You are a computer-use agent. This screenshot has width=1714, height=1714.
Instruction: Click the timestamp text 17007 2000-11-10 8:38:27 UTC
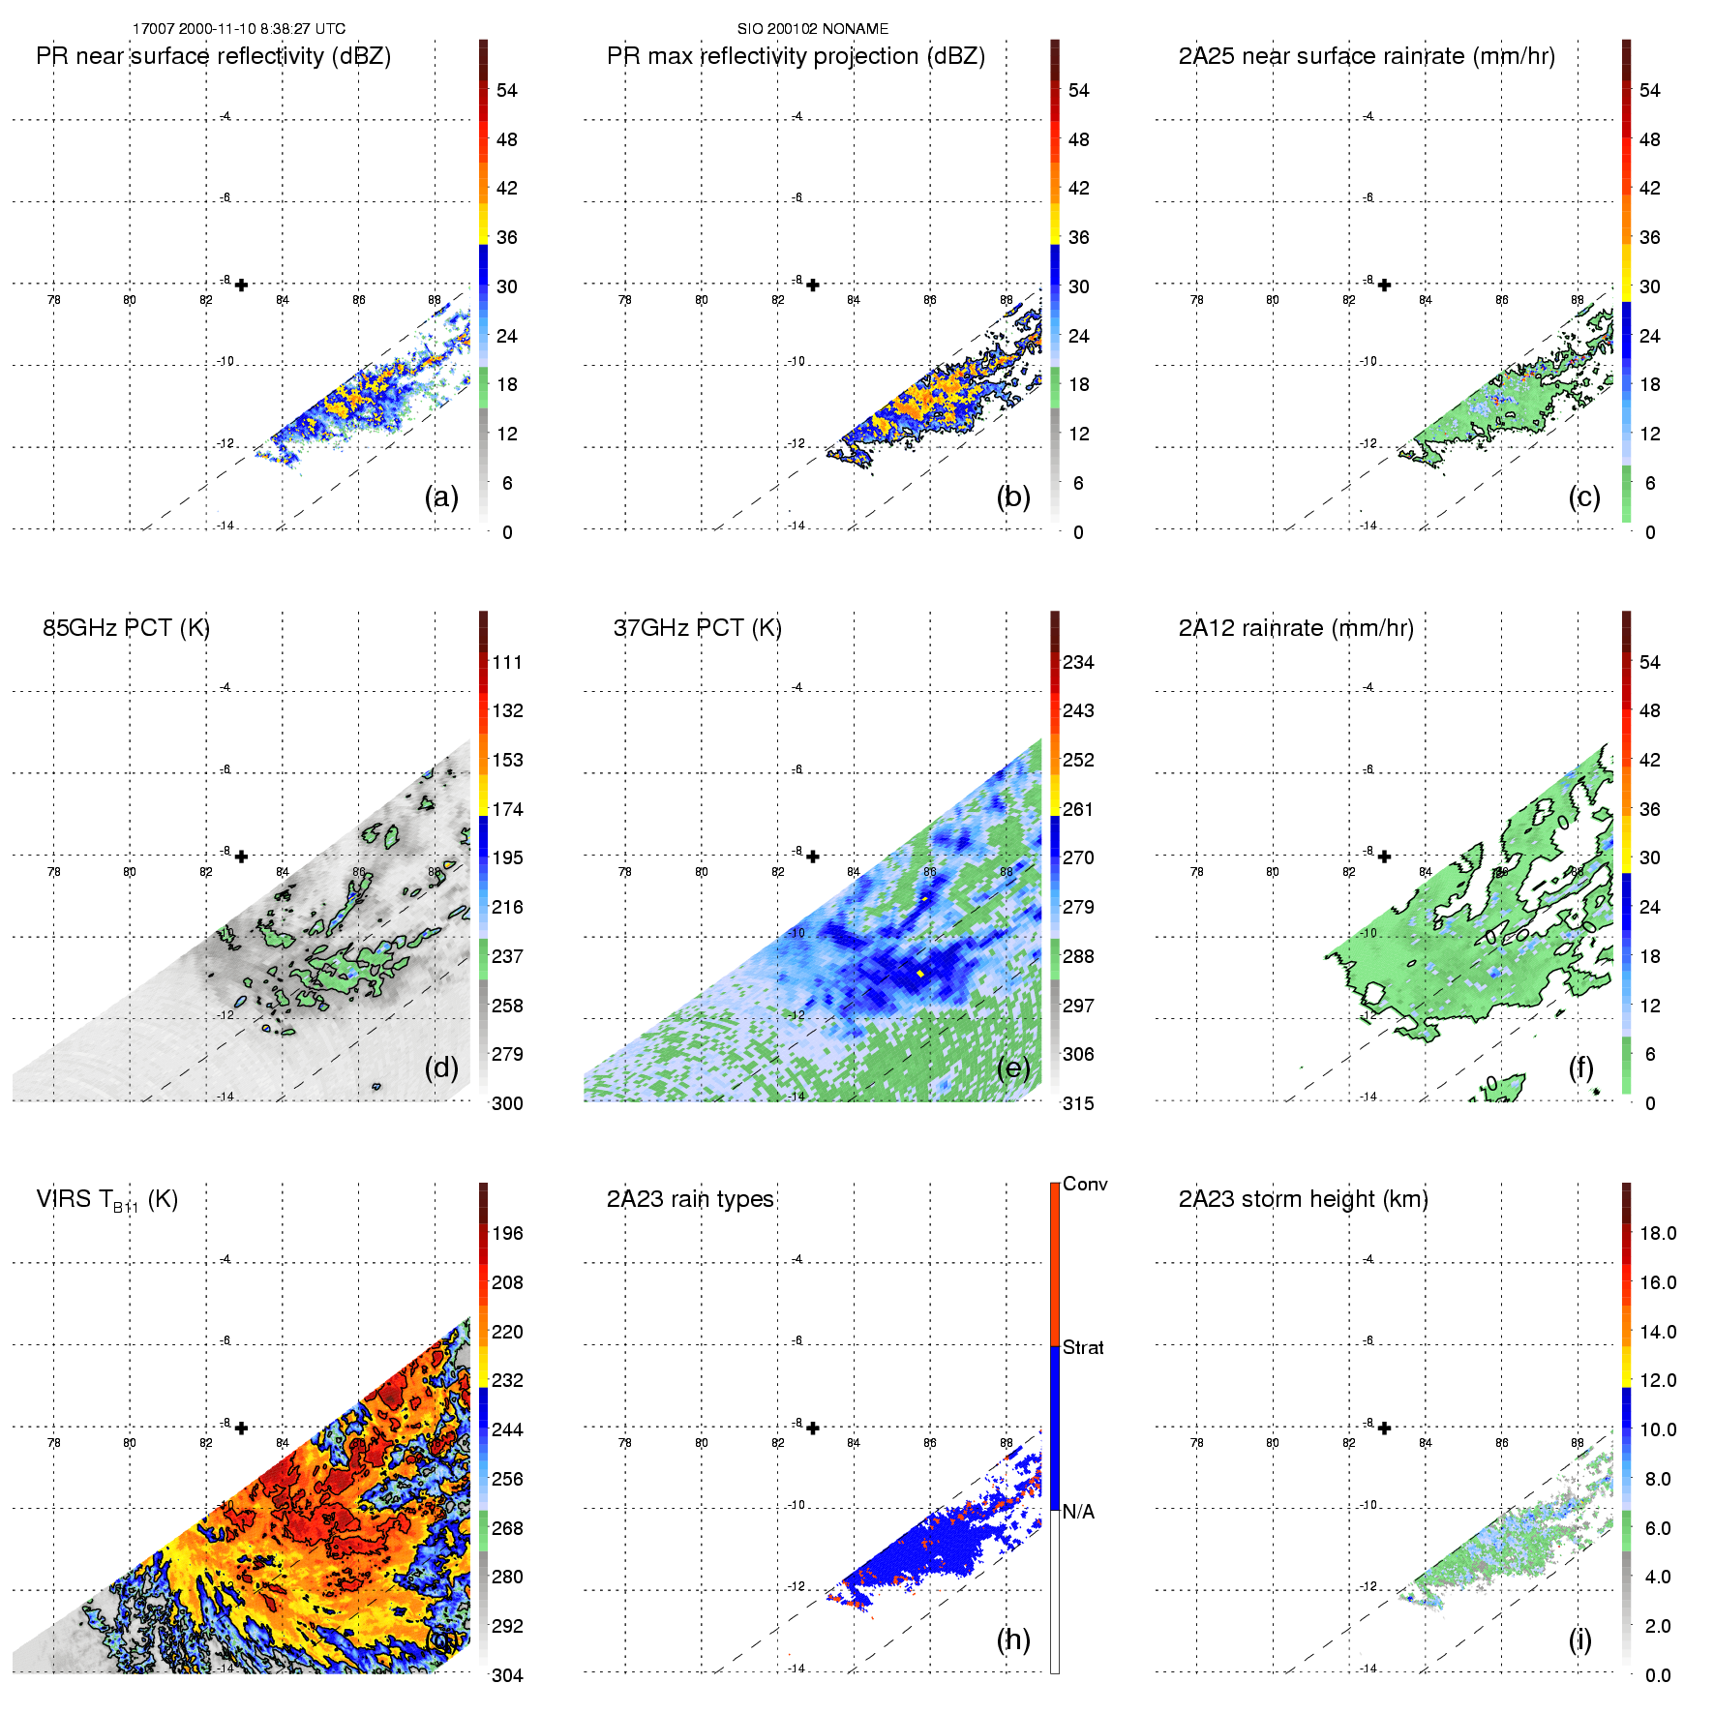point(239,29)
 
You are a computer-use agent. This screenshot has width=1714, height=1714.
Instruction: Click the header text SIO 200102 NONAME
point(813,29)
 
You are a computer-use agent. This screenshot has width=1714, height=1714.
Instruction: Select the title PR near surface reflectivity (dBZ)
point(214,56)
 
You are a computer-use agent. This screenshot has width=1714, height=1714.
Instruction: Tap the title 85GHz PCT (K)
point(127,628)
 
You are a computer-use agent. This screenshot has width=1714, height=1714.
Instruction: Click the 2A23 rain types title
point(690,1199)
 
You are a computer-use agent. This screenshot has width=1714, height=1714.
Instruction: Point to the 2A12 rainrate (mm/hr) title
point(1296,628)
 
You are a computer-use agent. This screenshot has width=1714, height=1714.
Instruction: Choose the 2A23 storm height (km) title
point(1303,1199)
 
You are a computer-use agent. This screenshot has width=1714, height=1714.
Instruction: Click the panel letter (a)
point(441,496)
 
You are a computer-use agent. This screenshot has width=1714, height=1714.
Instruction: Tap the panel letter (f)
point(1581,1067)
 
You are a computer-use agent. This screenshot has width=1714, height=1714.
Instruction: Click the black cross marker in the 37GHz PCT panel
point(813,857)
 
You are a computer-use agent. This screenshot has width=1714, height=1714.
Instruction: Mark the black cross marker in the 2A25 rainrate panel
point(1385,286)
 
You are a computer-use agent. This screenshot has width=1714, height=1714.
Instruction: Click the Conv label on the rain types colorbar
point(1085,1185)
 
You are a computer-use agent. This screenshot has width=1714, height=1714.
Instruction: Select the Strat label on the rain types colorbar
point(1083,1348)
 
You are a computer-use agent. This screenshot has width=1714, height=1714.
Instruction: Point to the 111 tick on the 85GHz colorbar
point(507,663)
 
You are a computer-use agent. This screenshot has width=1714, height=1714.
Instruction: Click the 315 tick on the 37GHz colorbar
point(1078,1104)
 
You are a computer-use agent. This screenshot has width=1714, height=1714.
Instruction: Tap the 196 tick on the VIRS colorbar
point(507,1234)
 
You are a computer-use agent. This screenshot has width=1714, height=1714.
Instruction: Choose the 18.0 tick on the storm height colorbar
point(1658,1234)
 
